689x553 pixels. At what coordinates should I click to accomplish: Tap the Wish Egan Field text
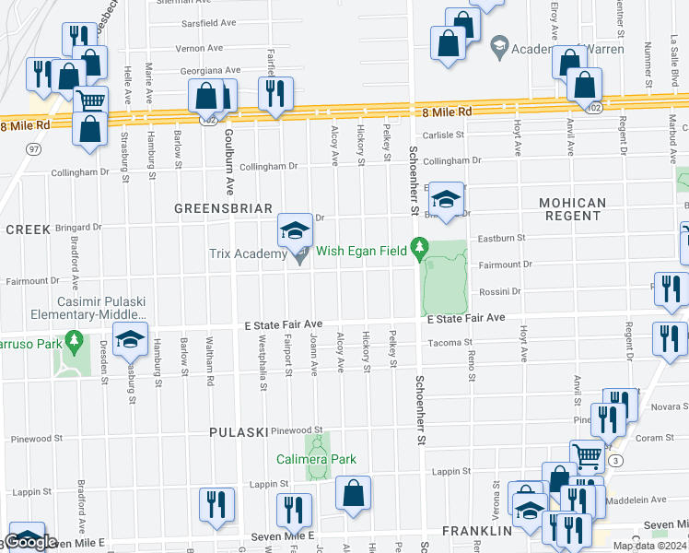coord(361,251)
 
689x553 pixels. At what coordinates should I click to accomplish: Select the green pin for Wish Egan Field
coord(420,247)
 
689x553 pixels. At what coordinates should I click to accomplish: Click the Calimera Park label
coord(316,459)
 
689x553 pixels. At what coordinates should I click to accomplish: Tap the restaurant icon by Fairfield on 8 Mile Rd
coord(275,93)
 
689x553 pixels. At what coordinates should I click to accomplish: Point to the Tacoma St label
coord(450,343)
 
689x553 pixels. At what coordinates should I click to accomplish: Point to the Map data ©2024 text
coord(649,546)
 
